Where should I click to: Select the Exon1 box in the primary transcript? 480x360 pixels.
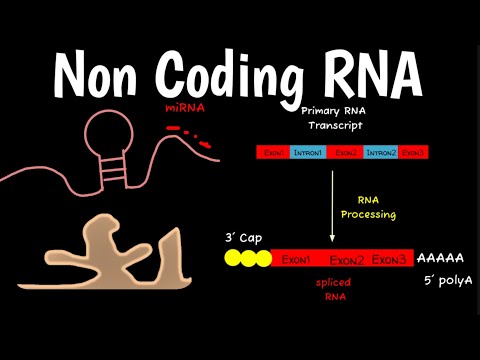273,152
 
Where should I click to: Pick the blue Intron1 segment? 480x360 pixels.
307,152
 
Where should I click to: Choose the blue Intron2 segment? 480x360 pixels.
381,152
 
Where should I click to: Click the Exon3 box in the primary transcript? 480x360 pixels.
413,152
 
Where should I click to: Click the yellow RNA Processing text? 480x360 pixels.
377,207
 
